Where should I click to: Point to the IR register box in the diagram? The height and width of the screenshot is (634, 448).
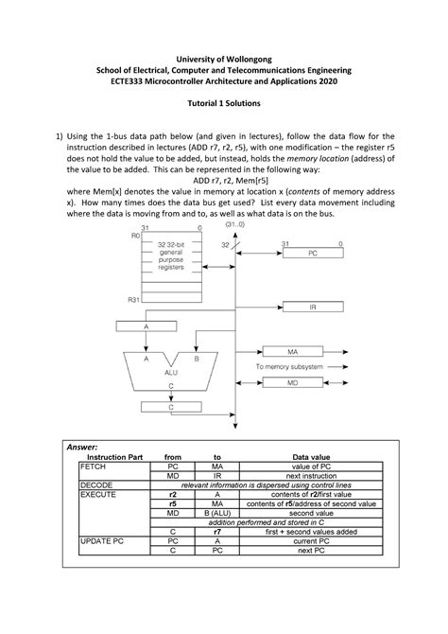(313, 308)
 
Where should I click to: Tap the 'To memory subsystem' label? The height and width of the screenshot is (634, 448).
(293, 365)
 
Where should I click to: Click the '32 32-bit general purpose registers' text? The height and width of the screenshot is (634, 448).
(166, 256)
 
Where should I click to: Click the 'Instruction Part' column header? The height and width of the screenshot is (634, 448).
(109, 456)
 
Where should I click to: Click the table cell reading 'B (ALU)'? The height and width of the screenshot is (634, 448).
(216, 513)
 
